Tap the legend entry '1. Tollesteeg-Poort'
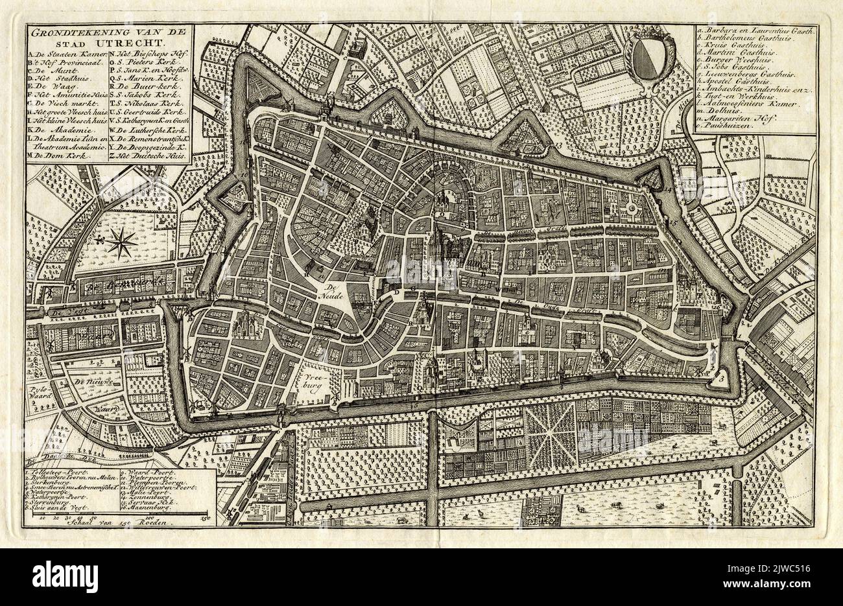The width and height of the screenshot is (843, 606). tap(64, 466)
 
